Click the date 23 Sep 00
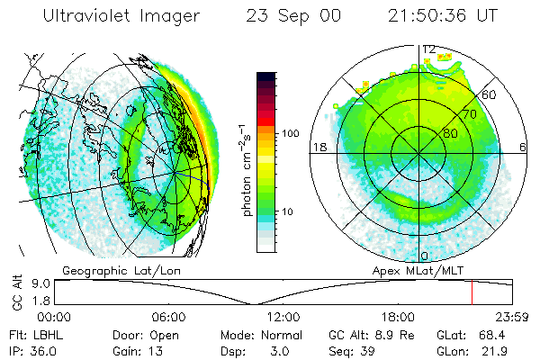point(285,16)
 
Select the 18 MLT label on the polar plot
point(319,148)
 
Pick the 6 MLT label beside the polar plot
point(523,148)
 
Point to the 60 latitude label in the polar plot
point(490,94)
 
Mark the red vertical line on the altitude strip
point(472,292)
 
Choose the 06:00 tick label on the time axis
point(168,317)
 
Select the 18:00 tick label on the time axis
point(397,317)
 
